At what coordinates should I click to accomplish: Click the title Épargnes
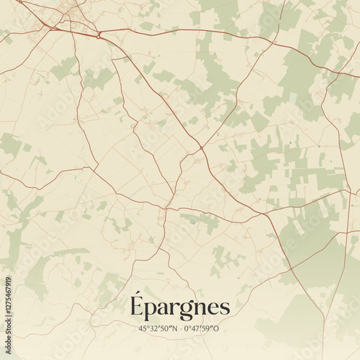coord(180,307)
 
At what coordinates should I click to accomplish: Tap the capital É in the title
coord(138,306)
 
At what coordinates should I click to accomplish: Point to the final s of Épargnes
coord(225,308)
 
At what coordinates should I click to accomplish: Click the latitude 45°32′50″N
coord(157,329)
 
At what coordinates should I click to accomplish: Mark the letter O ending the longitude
coord(217,329)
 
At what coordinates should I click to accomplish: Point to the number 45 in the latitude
coord(143,329)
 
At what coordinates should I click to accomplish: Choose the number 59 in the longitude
coord(209,329)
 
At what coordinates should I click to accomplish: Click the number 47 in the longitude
coord(198,329)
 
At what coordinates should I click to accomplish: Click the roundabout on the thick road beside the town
coord(99,34)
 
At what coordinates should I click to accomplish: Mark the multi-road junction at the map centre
coord(201,148)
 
